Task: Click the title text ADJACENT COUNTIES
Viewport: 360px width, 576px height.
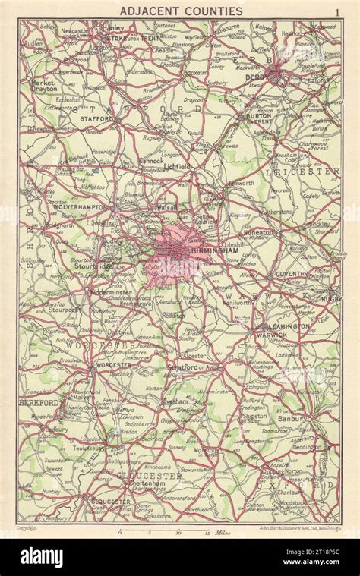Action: click(181, 11)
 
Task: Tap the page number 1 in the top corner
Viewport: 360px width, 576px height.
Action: click(336, 11)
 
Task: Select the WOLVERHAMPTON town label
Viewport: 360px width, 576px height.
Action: click(79, 206)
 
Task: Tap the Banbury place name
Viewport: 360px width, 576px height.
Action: click(292, 418)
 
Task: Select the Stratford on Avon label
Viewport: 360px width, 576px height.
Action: click(193, 367)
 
